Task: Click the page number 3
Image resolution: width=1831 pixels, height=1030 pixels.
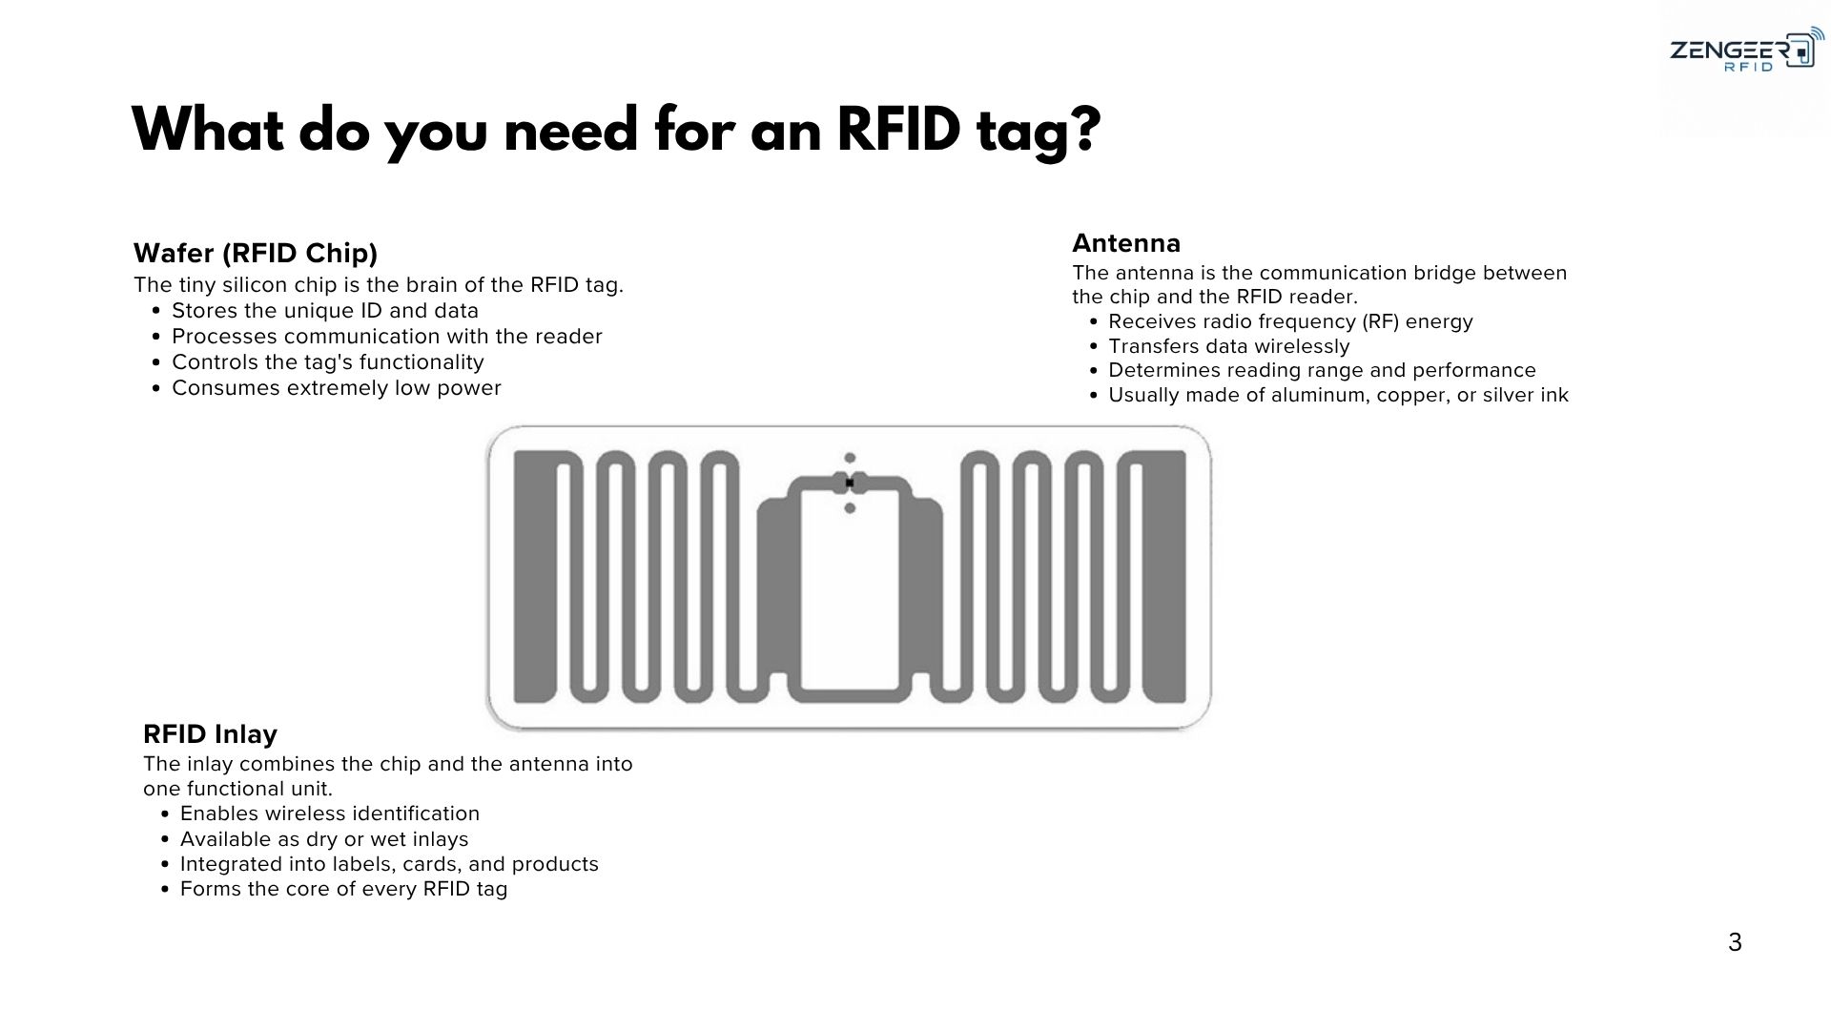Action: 1735,942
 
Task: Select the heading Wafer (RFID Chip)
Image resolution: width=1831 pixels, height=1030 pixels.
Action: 256,253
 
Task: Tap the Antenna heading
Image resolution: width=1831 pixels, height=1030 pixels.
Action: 1126,242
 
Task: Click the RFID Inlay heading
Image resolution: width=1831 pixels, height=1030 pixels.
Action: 210,733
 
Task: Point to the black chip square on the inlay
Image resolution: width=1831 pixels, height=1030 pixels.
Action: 850,483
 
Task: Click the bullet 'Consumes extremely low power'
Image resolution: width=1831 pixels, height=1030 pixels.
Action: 337,387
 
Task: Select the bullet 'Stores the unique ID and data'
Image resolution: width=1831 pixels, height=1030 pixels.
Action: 325,310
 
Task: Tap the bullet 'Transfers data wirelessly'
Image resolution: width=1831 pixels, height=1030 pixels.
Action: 1229,346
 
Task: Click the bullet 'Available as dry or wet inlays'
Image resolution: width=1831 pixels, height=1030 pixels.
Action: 324,838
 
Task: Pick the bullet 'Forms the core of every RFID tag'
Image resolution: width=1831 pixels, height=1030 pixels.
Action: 344,889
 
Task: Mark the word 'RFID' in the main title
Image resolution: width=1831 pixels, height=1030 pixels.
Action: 898,130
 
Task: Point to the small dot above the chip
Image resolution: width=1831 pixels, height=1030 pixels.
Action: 850,458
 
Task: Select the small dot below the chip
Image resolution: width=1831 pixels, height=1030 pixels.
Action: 850,508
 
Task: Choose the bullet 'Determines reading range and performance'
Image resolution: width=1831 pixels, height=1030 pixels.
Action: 1323,370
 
